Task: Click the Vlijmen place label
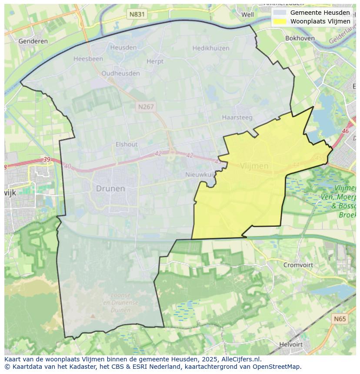(254, 166)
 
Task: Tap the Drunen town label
(110, 189)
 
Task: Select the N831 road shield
(137, 14)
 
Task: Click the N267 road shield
(146, 106)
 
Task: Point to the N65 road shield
(340, 319)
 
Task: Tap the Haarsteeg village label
(237, 117)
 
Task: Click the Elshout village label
(127, 144)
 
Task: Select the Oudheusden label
(120, 73)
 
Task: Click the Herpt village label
(155, 61)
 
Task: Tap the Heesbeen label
(88, 59)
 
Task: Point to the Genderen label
(33, 41)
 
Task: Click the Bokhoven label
(300, 38)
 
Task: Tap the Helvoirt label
(291, 344)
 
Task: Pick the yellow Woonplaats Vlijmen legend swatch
(280, 21)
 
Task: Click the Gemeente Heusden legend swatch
(280, 13)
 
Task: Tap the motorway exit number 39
(47, 160)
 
